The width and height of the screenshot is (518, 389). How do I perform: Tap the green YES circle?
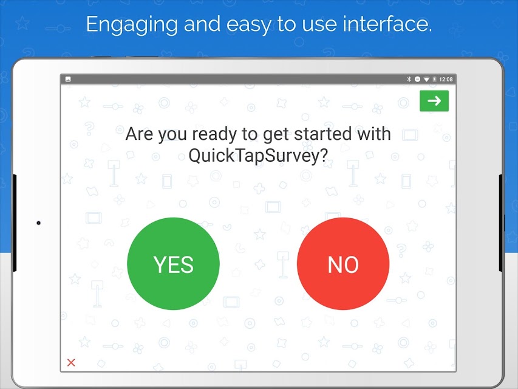pyautogui.click(x=174, y=264)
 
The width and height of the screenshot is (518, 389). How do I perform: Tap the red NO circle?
pyautogui.click(x=343, y=264)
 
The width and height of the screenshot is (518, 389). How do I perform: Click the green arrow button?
pyautogui.click(x=434, y=100)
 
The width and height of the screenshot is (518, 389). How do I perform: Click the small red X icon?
pyautogui.click(x=71, y=362)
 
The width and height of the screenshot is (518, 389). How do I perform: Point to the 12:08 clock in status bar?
pyautogui.click(x=446, y=80)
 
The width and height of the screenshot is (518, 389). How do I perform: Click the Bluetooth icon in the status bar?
pyautogui.click(x=409, y=79)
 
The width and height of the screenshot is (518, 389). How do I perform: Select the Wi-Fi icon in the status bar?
pyautogui.click(x=426, y=80)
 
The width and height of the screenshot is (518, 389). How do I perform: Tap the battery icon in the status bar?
pyautogui.click(x=434, y=80)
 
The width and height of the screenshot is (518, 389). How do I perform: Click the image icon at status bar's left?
pyautogui.click(x=68, y=79)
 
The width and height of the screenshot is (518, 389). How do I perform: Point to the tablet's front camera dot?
pyautogui.click(x=38, y=223)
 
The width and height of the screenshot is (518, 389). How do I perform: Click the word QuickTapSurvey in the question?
pyautogui.click(x=258, y=155)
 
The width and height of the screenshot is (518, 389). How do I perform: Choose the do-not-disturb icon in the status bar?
pyautogui.click(x=418, y=80)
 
